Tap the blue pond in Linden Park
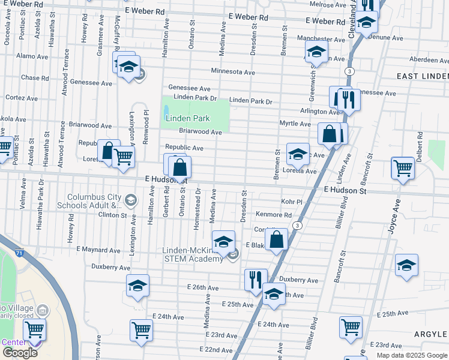(x=165, y=112)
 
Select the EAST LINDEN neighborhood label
(x=423, y=76)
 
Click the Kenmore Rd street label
(x=273, y=215)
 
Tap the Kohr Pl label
(x=291, y=202)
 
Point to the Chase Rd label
(x=34, y=77)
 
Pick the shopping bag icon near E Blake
(x=276, y=240)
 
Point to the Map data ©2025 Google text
(x=411, y=355)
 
